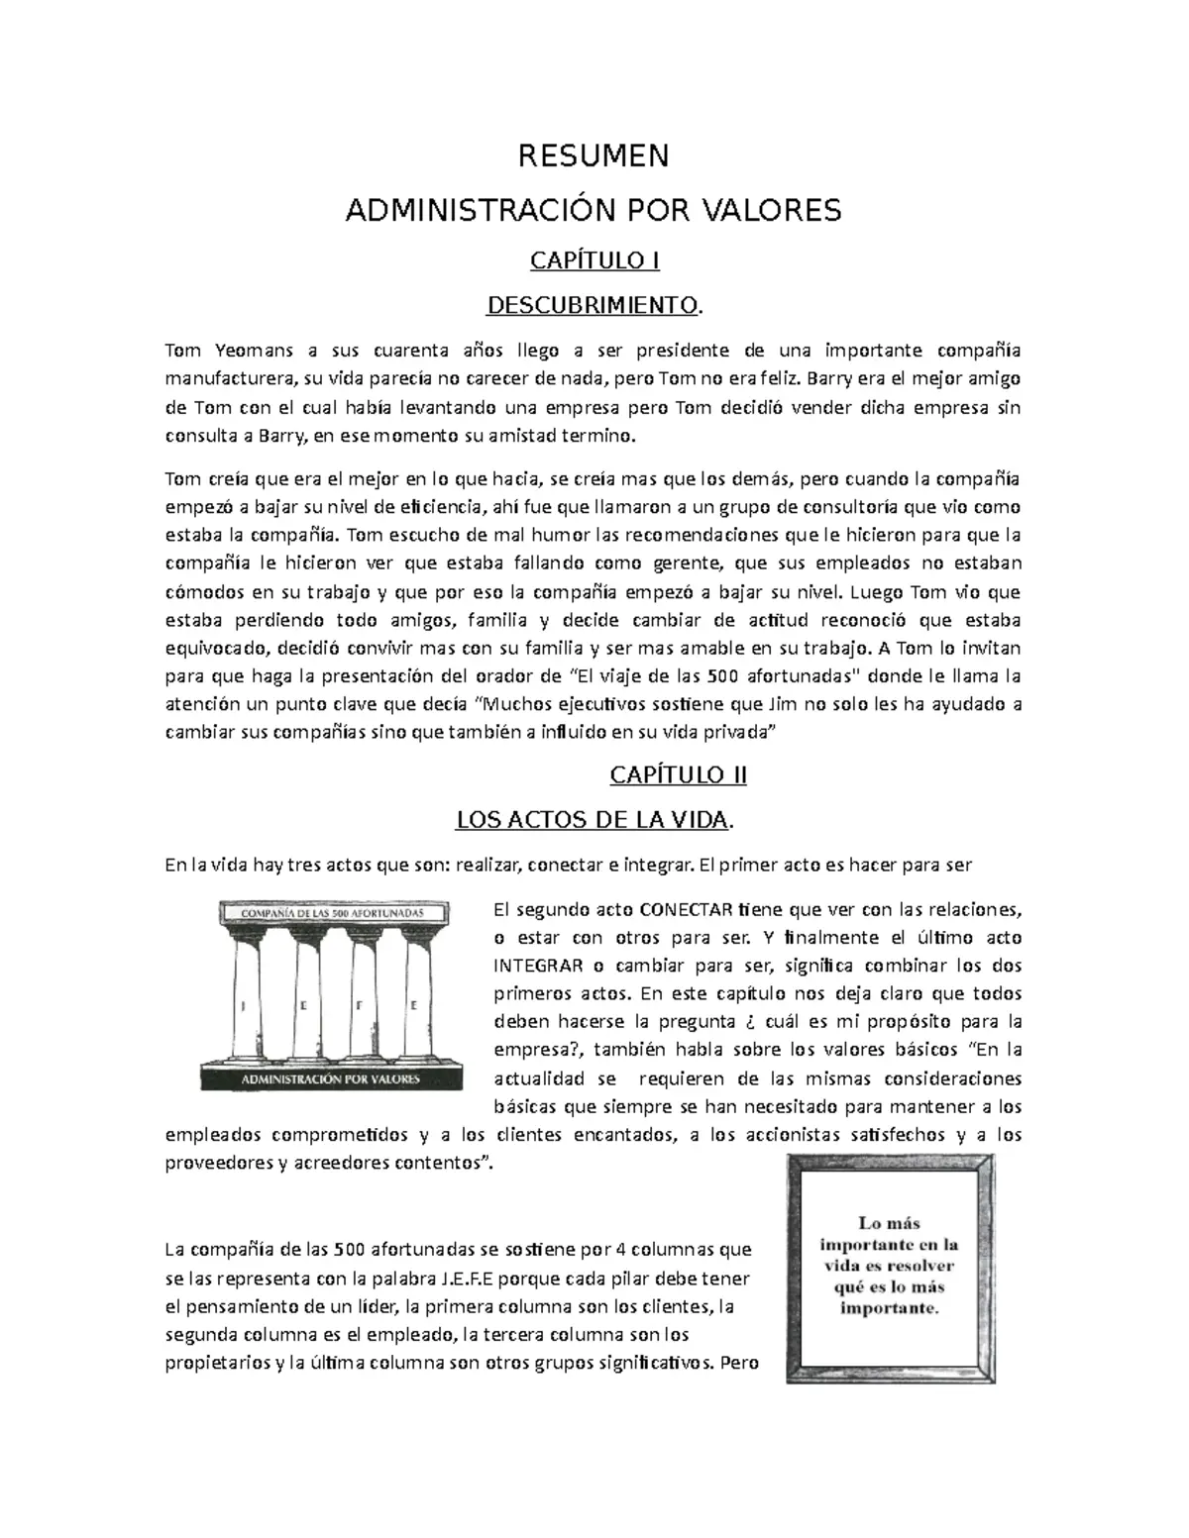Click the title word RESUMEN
(x=594, y=156)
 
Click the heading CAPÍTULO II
(x=678, y=775)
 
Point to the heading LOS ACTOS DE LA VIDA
(x=594, y=821)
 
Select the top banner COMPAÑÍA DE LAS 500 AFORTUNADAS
(x=324, y=911)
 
